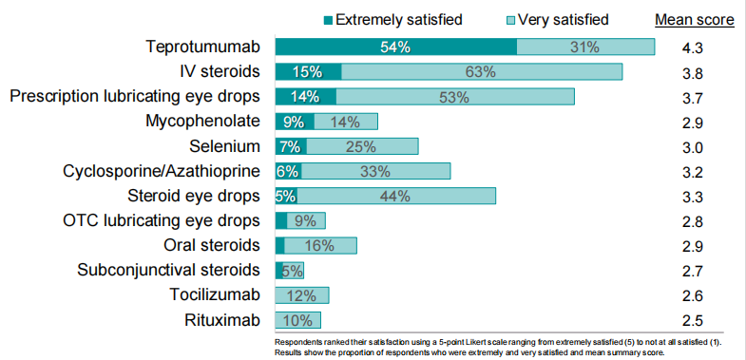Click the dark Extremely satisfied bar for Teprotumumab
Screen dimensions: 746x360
pyautogui.click(x=396, y=47)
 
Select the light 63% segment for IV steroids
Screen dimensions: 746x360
pyautogui.click(x=482, y=72)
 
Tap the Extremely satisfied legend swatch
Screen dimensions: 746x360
pyautogui.click(x=328, y=20)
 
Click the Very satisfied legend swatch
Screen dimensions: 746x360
pyautogui.click(x=510, y=20)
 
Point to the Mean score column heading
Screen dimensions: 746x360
pyautogui.click(x=695, y=20)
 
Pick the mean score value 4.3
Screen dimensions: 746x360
pyautogui.click(x=692, y=48)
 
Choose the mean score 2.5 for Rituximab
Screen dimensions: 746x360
pyautogui.click(x=692, y=320)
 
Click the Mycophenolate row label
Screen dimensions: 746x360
pyautogui.click(x=203, y=122)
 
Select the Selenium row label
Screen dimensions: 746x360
pyautogui.click(x=225, y=146)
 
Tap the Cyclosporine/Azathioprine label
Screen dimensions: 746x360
pyautogui.click(x=162, y=171)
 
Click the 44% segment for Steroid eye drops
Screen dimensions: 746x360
pyautogui.click(x=396, y=196)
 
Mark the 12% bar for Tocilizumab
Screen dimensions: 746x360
pyautogui.click(x=302, y=295)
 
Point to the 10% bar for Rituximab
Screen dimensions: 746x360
pyautogui.click(x=298, y=320)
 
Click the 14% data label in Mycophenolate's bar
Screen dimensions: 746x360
pyautogui.click(x=345, y=123)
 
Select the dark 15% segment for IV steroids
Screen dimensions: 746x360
pyautogui.click(x=308, y=72)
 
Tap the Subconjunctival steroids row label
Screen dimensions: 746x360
pyautogui.click(x=169, y=270)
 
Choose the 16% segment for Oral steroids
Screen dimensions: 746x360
pyautogui.click(x=320, y=245)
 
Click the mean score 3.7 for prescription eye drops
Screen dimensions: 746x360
pyautogui.click(x=692, y=98)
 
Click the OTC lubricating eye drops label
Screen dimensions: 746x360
pyautogui.click(x=162, y=220)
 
